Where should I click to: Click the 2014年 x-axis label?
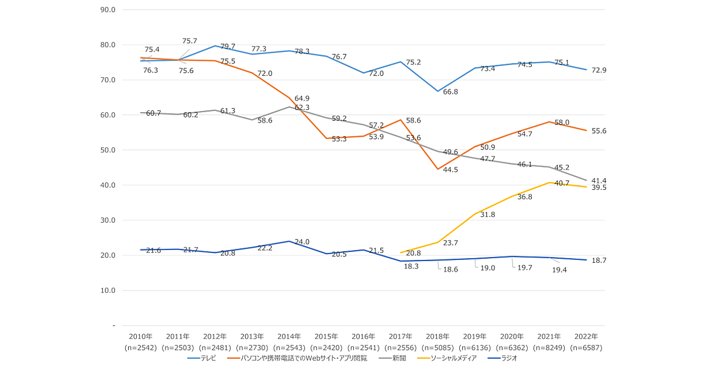click(x=289, y=337)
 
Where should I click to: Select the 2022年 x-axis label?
click(x=586, y=337)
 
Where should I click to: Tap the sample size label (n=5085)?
click(x=438, y=348)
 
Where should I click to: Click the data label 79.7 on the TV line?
click(x=228, y=47)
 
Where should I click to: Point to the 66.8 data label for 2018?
click(x=450, y=92)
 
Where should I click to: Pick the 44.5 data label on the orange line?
click(x=450, y=170)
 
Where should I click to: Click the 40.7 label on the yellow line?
click(x=562, y=183)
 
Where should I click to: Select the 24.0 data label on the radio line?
click(x=302, y=242)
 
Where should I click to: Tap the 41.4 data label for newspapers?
click(x=599, y=181)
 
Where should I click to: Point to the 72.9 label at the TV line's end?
click(x=599, y=70)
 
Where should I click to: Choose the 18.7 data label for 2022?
click(x=599, y=260)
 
